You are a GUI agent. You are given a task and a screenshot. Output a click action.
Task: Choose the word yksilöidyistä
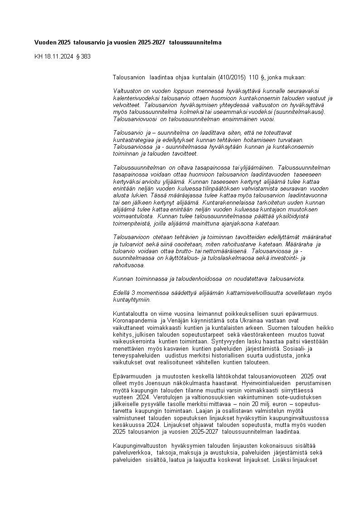[x=284, y=216]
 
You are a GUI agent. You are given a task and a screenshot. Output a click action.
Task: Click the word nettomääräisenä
[x=222, y=251]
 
